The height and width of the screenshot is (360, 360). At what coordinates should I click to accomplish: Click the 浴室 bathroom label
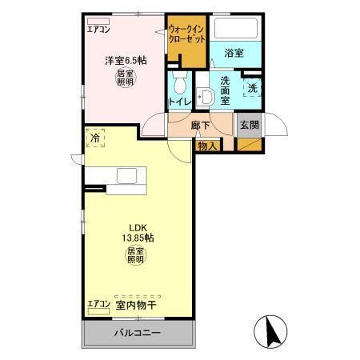click(234, 53)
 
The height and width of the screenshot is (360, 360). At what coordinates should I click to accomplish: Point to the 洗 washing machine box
click(252, 88)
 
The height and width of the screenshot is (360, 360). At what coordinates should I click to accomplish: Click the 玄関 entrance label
click(250, 125)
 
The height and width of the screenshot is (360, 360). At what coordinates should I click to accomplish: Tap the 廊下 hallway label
click(202, 126)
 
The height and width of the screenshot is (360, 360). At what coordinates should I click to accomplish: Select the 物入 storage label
click(207, 146)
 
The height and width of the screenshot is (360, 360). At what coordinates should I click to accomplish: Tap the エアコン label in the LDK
click(98, 305)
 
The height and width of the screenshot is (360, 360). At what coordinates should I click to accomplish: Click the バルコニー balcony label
click(138, 332)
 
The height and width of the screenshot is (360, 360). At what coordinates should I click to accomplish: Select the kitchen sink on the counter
click(126, 176)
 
